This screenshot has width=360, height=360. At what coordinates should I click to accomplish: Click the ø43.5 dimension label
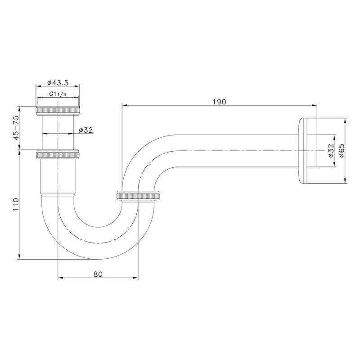pos(58,83)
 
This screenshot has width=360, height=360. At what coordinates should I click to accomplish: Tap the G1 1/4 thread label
pos(58,94)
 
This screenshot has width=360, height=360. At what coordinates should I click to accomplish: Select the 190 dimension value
pos(219,102)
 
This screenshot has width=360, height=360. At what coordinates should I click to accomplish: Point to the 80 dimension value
pos(98,274)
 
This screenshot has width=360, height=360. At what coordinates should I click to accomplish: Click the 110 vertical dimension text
pos(16,205)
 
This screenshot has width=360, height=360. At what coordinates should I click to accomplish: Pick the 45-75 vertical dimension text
pos(16,128)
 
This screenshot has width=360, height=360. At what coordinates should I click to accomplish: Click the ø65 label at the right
pos(342,151)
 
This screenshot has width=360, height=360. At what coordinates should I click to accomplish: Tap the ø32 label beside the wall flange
pos(331,151)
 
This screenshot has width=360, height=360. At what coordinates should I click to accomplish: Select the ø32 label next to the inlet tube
pos(86,130)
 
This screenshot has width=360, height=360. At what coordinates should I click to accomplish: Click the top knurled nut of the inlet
pos(58,111)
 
